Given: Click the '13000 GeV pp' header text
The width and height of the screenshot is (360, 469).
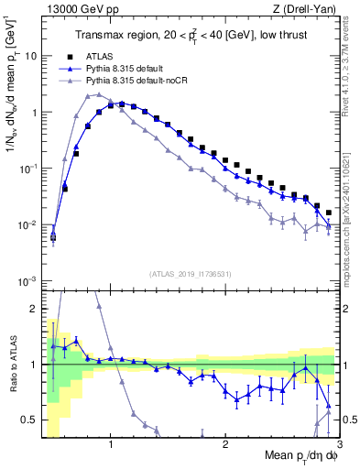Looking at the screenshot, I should click(x=78, y=9).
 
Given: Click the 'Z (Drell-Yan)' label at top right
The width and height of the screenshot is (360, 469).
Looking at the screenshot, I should click(x=304, y=9).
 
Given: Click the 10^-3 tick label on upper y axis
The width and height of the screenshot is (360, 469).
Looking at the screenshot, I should click(x=27, y=280).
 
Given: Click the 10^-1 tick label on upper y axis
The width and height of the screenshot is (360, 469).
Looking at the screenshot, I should click(x=27, y=168).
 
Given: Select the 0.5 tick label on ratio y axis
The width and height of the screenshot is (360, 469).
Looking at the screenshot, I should click(x=29, y=420).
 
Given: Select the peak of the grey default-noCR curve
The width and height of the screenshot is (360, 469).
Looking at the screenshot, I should click(x=88, y=94).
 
